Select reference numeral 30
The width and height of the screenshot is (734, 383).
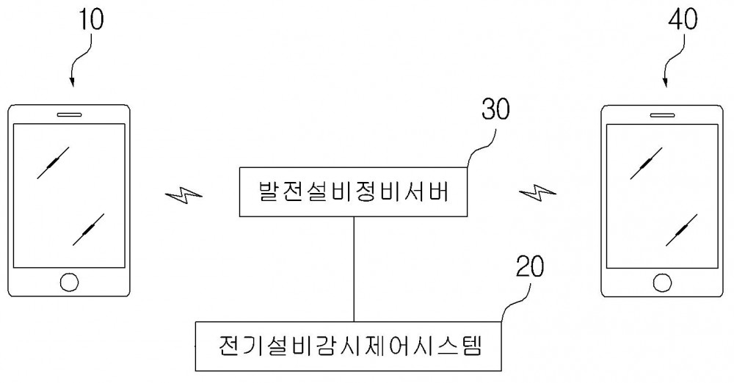coord(495,109)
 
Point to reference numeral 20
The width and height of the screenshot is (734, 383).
coord(530,266)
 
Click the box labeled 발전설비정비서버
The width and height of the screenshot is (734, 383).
coord(353,192)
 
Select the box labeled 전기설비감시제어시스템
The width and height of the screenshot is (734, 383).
coord(348,346)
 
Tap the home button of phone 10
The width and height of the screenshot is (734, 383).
coord(69,282)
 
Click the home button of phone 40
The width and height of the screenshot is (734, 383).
coord(662,282)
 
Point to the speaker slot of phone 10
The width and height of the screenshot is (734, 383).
coord(69,114)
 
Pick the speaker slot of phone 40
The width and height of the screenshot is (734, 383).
coord(662,114)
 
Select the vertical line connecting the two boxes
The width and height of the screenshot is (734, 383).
coord(354,269)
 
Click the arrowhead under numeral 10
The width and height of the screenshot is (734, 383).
coord(72,82)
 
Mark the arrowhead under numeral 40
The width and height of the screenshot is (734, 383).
coord(666,82)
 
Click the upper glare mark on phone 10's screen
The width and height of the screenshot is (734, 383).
coord(54,162)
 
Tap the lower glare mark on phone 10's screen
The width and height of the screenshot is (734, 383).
coord(89,230)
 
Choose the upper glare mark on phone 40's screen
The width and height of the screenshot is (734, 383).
coord(646,163)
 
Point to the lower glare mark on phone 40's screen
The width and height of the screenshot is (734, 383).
coord(681,230)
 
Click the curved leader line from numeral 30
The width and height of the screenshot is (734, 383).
coord(480,147)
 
